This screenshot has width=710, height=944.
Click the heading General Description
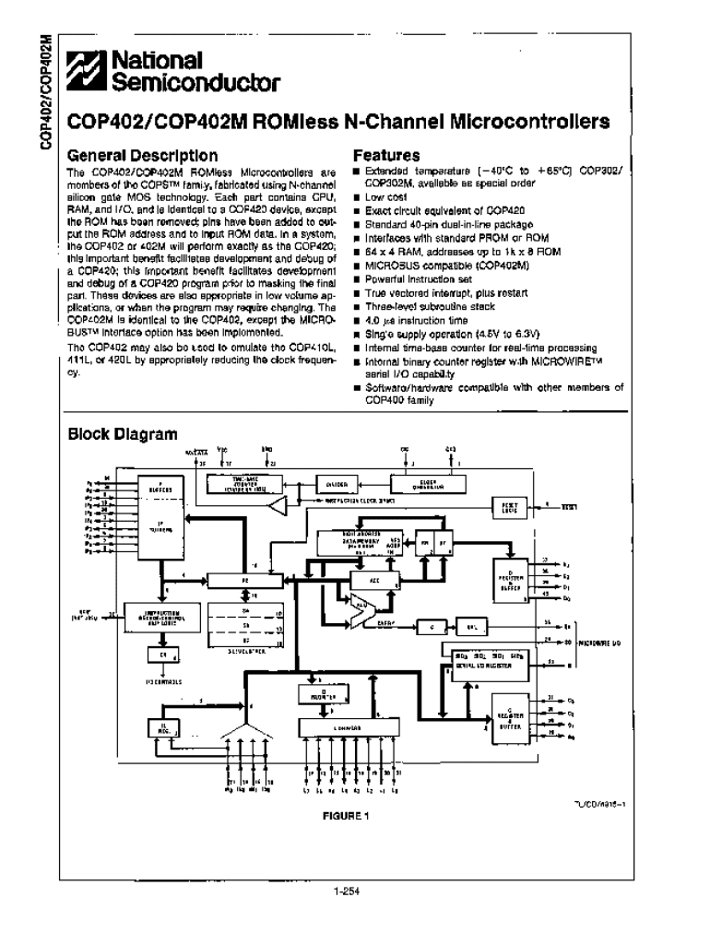(x=143, y=156)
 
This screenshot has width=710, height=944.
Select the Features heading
(x=386, y=156)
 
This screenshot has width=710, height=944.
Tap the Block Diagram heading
(x=123, y=433)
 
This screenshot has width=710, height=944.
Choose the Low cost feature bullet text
(x=385, y=197)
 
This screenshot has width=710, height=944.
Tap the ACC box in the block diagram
(x=373, y=582)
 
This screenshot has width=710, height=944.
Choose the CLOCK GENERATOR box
(x=431, y=483)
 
